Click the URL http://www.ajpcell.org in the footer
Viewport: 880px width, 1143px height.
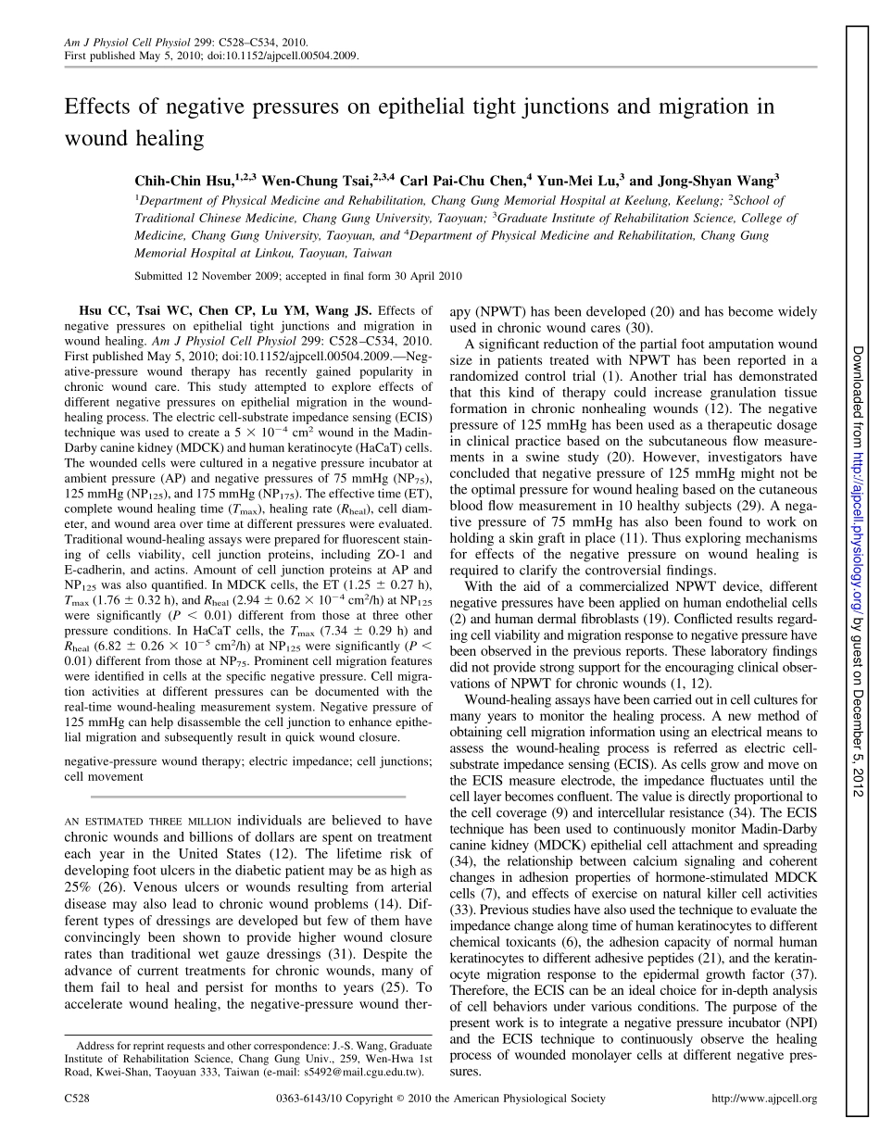763,1099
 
